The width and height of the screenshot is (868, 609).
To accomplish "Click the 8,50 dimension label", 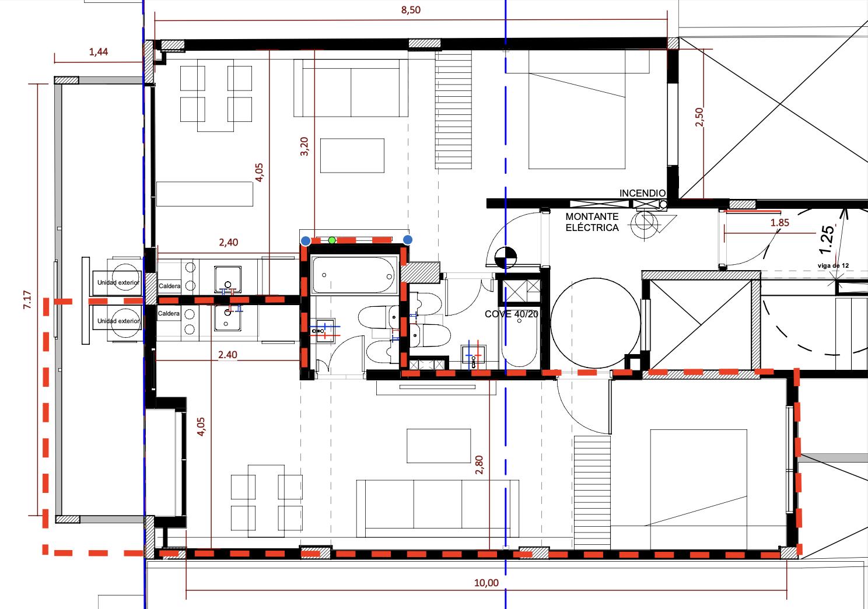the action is pyautogui.click(x=411, y=10).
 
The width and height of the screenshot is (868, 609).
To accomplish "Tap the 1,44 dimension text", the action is pyautogui.click(x=99, y=51).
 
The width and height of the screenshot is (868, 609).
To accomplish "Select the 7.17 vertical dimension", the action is pyautogui.click(x=27, y=300).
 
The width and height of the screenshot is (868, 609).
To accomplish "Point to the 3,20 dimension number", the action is pyautogui.click(x=304, y=146).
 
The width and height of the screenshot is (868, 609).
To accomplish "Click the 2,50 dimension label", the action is pyautogui.click(x=699, y=117).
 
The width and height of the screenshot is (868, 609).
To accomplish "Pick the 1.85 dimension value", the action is pyautogui.click(x=780, y=223).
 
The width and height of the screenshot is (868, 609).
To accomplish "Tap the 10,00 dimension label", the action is pyautogui.click(x=487, y=583).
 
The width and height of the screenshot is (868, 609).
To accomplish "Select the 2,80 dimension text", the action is pyautogui.click(x=479, y=465).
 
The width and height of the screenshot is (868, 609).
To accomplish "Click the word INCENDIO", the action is pyautogui.click(x=642, y=193).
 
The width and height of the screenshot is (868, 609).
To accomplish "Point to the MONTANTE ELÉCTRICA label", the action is pyautogui.click(x=592, y=222).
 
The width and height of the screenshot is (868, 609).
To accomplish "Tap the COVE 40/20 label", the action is pyautogui.click(x=512, y=314).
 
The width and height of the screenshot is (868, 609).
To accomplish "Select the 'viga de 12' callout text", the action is pyautogui.click(x=833, y=266).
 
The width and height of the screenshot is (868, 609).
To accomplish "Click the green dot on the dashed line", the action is pyautogui.click(x=332, y=240).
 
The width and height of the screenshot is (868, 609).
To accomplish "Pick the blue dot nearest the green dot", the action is pyautogui.click(x=306, y=241).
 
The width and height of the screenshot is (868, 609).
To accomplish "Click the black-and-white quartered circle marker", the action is pyautogui.click(x=506, y=257).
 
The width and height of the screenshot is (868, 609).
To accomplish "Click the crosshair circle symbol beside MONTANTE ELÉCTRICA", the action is pyautogui.click(x=645, y=223).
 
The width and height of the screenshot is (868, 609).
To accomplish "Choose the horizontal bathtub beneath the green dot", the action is pyautogui.click(x=355, y=275).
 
